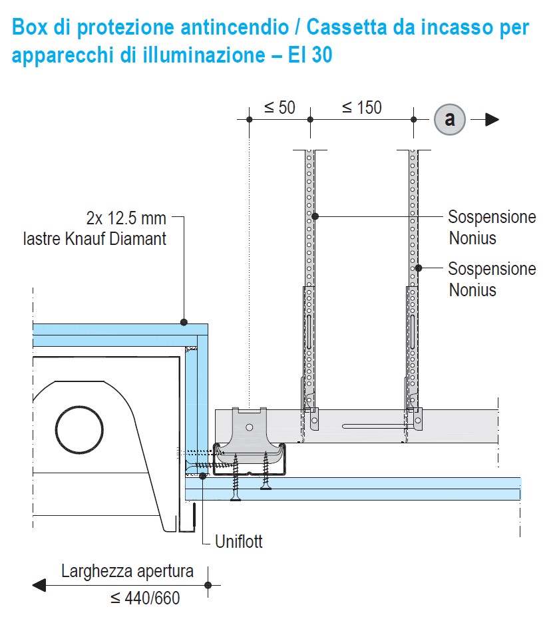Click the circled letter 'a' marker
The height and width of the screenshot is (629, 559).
(450, 120)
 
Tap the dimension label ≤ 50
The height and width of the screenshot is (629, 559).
(279, 107)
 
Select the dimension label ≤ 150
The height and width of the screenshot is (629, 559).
(361, 107)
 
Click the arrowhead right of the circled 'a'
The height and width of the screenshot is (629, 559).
(492, 120)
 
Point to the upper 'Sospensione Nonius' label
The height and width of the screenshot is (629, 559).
(492, 227)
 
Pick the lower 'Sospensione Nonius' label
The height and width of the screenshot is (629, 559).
(492, 279)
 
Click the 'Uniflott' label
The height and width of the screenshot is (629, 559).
(239, 542)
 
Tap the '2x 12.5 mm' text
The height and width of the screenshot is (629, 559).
(126, 218)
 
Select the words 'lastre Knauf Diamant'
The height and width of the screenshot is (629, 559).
(94, 238)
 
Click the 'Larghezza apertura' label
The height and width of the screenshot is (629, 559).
(127, 571)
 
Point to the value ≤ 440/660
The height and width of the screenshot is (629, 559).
(145, 598)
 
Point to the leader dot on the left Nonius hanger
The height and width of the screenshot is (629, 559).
(315, 216)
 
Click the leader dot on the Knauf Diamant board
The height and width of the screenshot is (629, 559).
(184, 322)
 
